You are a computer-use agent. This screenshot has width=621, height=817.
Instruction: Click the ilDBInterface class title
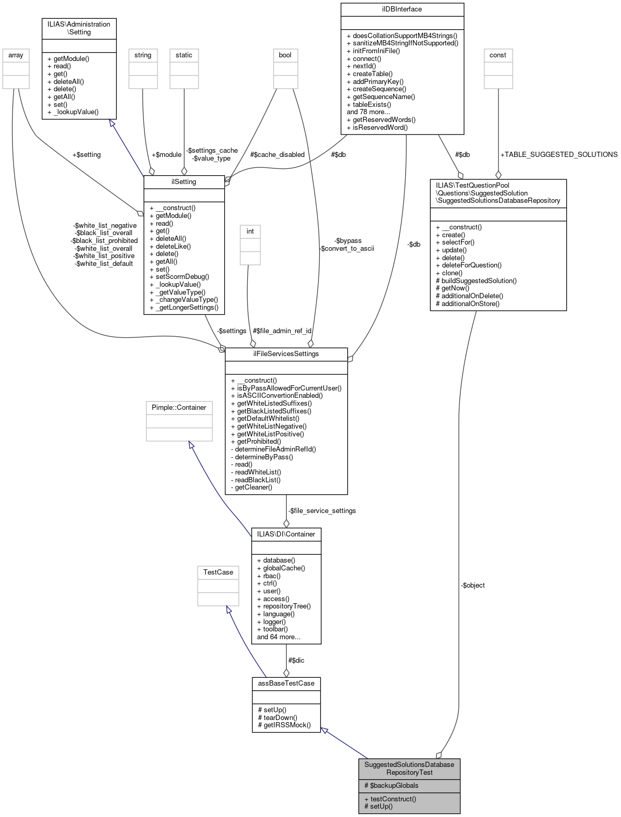(x=402, y=9)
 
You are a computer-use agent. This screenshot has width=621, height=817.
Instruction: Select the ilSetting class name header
(x=184, y=181)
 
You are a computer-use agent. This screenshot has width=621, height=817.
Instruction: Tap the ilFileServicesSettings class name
(x=286, y=353)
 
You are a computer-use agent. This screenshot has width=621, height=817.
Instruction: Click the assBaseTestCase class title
(x=286, y=682)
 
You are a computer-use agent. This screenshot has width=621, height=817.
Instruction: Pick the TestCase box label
(x=218, y=572)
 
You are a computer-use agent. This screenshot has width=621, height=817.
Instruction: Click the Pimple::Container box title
(x=179, y=407)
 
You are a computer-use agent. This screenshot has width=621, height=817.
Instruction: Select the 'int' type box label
(x=250, y=231)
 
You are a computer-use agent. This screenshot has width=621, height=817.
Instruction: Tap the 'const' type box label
(x=497, y=55)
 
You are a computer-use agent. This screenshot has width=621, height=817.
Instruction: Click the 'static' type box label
(x=184, y=55)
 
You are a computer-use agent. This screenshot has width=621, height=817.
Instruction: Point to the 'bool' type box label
(x=285, y=55)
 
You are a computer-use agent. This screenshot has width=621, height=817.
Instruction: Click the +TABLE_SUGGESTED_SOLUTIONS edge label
(x=558, y=154)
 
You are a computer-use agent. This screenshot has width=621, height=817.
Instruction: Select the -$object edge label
(x=472, y=585)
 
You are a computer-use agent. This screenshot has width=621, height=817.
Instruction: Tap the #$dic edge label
(x=296, y=660)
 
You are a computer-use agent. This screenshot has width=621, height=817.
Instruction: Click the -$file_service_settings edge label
(x=322, y=510)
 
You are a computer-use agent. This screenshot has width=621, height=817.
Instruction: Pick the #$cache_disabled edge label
(x=277, y=154)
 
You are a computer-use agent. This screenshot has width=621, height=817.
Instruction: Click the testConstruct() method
(x=390, y=798)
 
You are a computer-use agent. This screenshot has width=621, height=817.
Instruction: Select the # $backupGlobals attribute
(x=391, y=785)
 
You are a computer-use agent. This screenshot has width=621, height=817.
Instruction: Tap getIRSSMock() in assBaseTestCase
(x=284, y=725)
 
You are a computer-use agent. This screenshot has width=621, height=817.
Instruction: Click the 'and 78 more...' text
(x=368, y=112)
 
